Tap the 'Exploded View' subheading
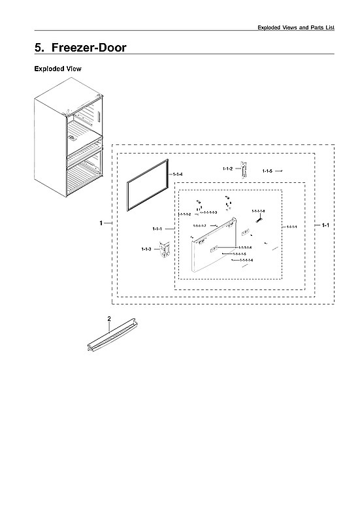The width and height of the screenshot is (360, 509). (57, 69)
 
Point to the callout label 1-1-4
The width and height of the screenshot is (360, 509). (178, 174)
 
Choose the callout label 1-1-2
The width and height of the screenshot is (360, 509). (227, 169)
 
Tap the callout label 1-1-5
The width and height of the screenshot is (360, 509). (267, 171)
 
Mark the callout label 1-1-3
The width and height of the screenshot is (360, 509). (146, 249)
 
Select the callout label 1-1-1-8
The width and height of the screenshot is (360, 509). (259, 210)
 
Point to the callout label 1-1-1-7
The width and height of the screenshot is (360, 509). (199, 225)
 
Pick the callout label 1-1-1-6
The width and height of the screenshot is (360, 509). (247, 260)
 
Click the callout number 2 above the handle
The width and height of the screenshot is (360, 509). (108, 318)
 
